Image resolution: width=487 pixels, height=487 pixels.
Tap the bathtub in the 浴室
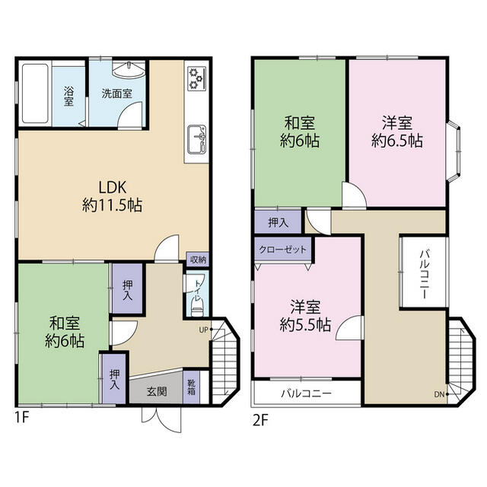coord(34,95)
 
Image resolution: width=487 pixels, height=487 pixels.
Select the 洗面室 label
coord(117,94)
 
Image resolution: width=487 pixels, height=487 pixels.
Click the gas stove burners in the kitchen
coord(196,77)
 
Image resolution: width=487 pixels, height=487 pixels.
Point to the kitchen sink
coord(197,138)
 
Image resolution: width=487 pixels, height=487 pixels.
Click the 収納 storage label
coord(197,259)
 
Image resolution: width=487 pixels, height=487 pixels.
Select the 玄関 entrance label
coord(157,391)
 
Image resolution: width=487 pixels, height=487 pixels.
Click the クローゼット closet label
coord(283,250)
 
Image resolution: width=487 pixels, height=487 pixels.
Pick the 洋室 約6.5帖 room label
coord(397,131)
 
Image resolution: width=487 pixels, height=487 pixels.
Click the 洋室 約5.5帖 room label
coord(305,316)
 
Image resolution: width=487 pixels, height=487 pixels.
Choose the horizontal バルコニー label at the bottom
coord(306,394)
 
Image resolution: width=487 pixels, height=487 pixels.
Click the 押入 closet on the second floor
coord(279,222)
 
